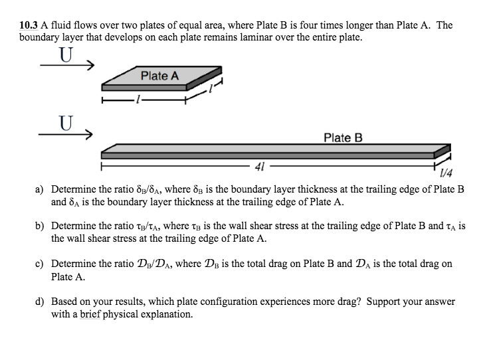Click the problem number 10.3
(29, 25)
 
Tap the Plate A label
(159, 76)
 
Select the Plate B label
(343, 138)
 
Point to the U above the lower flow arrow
(65, 123)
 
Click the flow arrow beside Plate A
(66, 66)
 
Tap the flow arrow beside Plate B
(66, 134)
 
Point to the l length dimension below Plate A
(138, 102)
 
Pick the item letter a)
(40, 189)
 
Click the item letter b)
(40, 226)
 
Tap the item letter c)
(40, 264)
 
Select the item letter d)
(40, 301)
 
